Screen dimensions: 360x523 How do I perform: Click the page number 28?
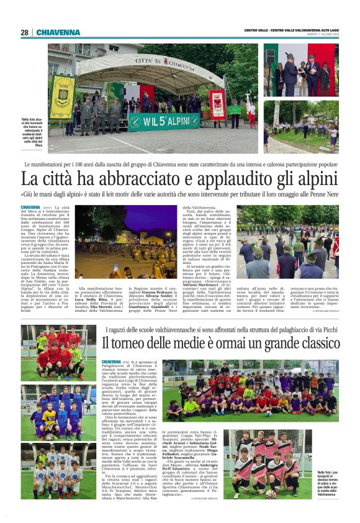[24, 32]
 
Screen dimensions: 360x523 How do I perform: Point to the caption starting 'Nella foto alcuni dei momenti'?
[32, 130]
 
